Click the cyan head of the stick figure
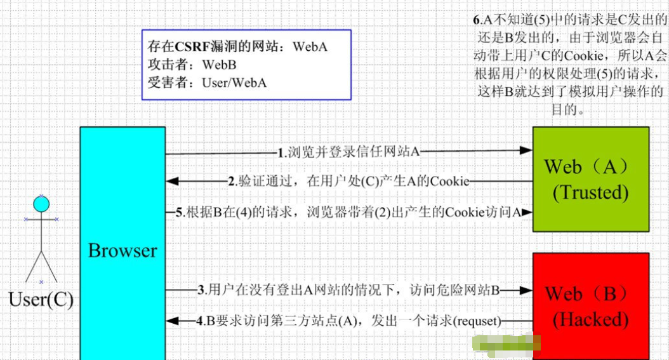click(x=41, y=204)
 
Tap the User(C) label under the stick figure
click(x=41, y=299)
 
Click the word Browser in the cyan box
click(x=123, y=250)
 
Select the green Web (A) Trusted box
click(x=590, y=178)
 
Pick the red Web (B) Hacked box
click(x=590, y=305)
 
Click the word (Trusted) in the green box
click(x=590, y=192)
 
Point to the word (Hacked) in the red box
click(x=590, y=319)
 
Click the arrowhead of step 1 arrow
click(x=526, y=150)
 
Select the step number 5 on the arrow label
click(x=180, y=212)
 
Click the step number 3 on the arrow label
click(x=201, y=291)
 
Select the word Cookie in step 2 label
click(x=450, y=182)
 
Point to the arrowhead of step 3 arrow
click(x=526, y=291)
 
